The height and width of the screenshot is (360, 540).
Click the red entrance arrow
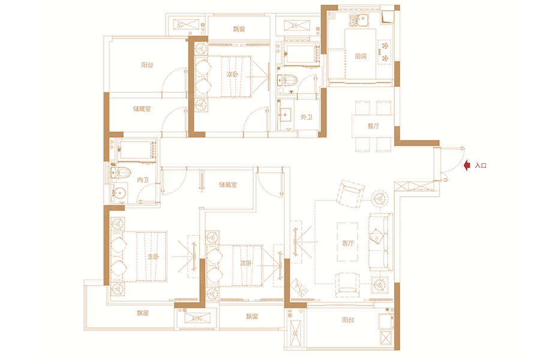[467, 166]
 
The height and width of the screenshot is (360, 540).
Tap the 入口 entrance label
[481, 166]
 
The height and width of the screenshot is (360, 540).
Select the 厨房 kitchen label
[361, 56]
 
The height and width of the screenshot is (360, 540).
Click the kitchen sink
[359, 20]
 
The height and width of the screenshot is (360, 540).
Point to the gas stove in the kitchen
[385, 52]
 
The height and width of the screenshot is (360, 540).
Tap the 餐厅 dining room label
[373, 126]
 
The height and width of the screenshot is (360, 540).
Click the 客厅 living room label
[348, 243]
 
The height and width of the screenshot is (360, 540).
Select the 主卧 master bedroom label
[153, 257]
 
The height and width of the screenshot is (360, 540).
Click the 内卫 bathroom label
[143, 180]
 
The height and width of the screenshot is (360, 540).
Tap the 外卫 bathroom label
[306, 117]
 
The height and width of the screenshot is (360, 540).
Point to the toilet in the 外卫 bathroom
[287, 80]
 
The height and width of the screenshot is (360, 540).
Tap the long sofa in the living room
[380, 242]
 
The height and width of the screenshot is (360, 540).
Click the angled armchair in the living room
[350, 194]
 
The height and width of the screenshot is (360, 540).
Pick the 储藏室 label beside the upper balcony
[142, 109]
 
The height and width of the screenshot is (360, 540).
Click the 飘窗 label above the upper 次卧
[239, 29]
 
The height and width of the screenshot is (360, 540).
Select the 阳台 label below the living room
[348, 320]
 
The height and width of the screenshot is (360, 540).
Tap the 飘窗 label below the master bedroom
[143, 313]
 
